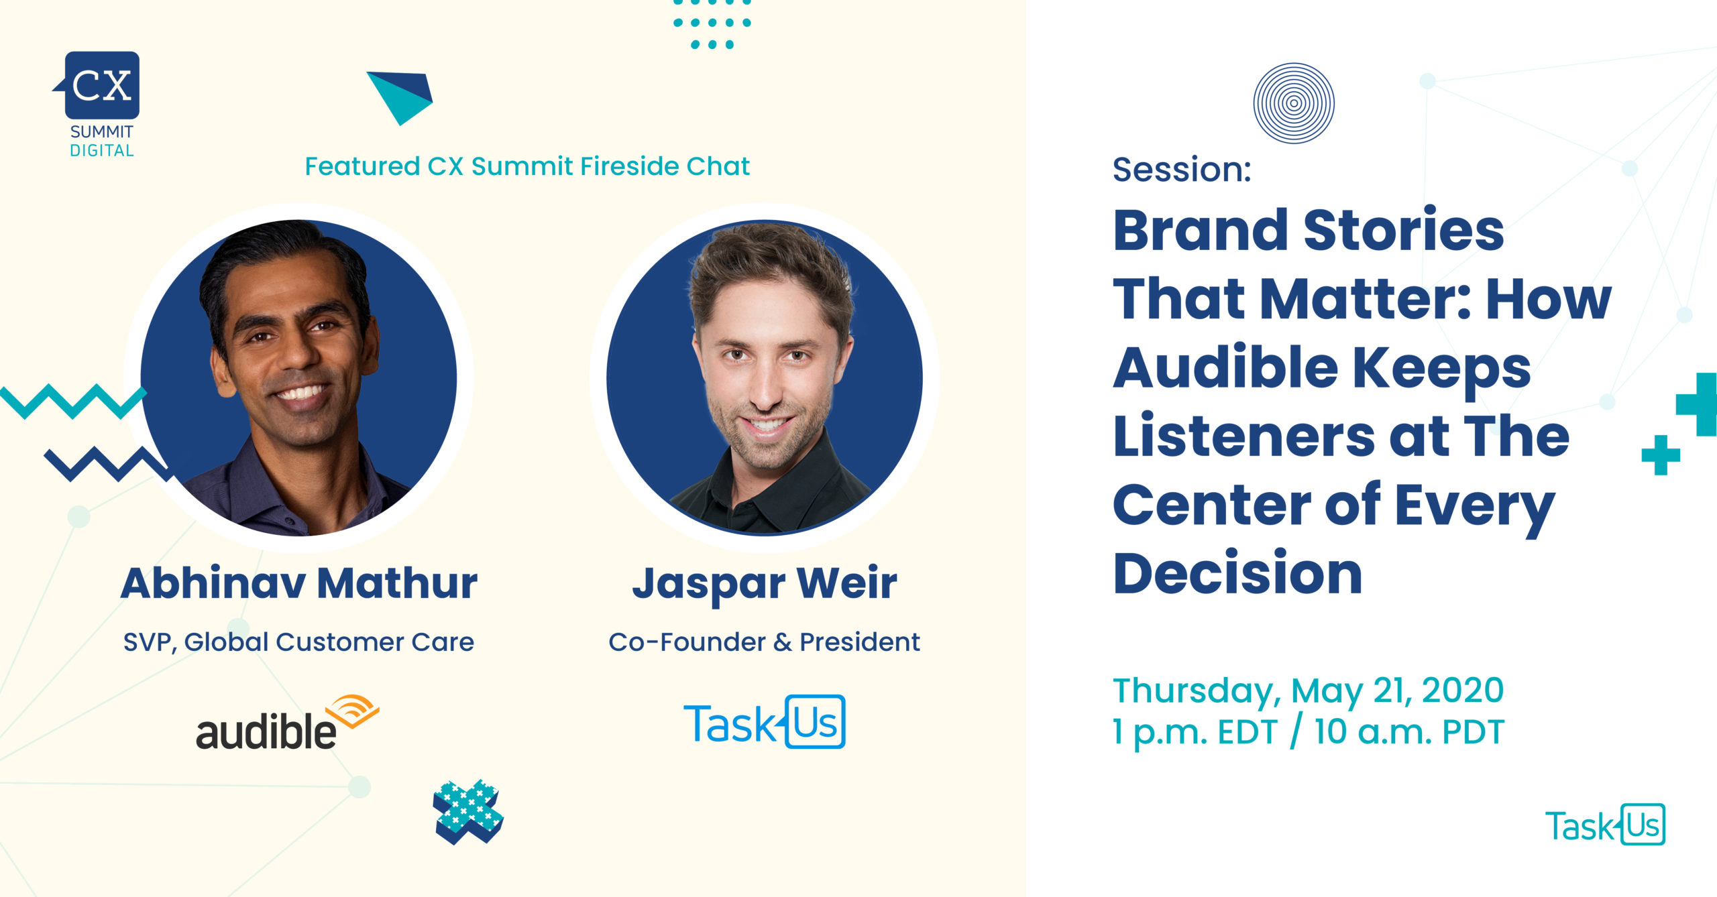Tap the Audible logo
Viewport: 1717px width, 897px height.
[x=287, y=723]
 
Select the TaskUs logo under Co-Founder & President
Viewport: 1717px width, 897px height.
[x=764, y=722]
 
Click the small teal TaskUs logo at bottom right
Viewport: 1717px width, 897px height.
[x=1605, y=825]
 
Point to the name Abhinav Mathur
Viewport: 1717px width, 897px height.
[x=299, y=583]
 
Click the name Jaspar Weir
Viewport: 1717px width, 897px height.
[x=765, y=584]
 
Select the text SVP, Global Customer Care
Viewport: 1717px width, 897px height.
[x=298, y=642]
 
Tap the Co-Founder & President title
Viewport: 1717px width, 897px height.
[x=764, y=642]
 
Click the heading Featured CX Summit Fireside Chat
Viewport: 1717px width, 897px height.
[x=527, y=166]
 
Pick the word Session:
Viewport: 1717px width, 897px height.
[x=1182, y=169]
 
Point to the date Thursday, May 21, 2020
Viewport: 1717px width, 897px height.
[x=1309, y=691]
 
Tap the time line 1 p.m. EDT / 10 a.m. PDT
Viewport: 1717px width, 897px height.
[x=1309, y=732]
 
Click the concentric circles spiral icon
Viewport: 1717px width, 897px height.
[x=1294, y=103]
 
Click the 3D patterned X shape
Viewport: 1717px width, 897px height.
[x=468, y=811]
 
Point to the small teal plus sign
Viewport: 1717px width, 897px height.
[x=1661, y=455]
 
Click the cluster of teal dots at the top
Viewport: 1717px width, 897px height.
[x=712, y=24]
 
